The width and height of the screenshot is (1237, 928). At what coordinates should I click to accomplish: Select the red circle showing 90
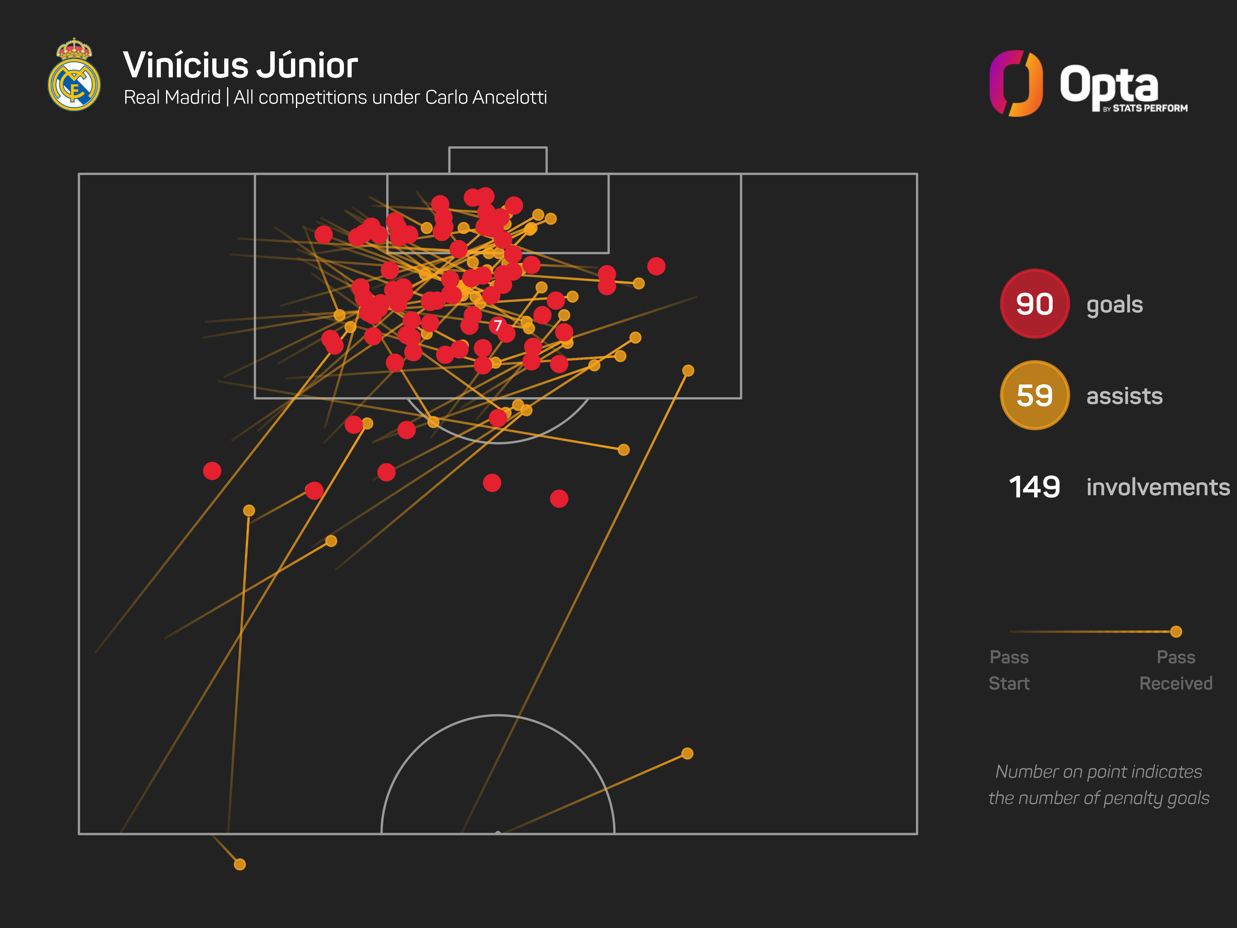tap(1034, 304)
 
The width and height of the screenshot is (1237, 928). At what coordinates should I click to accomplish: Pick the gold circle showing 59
tap(1034, 395)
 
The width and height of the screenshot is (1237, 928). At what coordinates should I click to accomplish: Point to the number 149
tap(1034, 487)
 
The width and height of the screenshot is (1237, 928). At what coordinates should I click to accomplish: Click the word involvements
tap(1158, 487)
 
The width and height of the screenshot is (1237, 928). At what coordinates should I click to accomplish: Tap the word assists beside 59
tap(1124, 396)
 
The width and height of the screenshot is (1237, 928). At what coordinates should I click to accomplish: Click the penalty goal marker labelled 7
tap(498, 325)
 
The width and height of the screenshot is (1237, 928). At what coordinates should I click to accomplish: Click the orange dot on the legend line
tap(1176, 632)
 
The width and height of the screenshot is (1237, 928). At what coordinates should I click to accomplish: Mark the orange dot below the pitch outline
tap(239, 864)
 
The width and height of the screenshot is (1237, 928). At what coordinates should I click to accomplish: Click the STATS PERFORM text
tap(1149, 108)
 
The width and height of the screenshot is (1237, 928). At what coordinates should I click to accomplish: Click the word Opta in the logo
tap(1108, 84)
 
